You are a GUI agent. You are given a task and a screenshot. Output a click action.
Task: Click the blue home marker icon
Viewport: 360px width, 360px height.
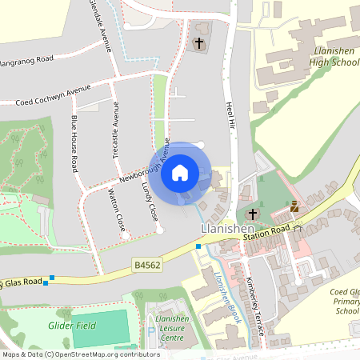point(180,171)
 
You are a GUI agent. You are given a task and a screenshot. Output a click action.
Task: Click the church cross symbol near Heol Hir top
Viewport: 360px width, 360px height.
point(199,42)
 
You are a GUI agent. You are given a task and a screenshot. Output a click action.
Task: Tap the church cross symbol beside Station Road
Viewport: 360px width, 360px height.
point(253,214)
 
